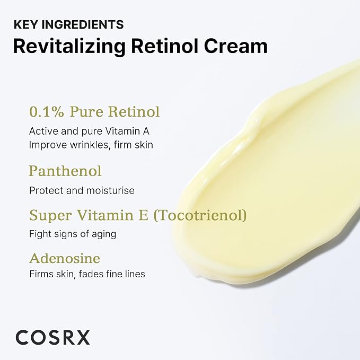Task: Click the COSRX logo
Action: [52, 338]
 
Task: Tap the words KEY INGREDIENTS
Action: [68, 24]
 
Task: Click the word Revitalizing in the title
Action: [69, 47]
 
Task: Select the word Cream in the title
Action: [236, 46]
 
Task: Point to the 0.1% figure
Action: [46, 112]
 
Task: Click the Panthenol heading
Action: [65, 171]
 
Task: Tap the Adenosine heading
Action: [65, 258]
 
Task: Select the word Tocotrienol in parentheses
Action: [200, 215]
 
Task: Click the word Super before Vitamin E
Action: [50, 216]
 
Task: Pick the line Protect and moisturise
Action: [82, 190]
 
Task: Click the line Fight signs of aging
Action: [73, 234]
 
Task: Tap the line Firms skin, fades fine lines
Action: [87, 274]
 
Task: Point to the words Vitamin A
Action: [127, 131]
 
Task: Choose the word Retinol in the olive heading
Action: [134, 112]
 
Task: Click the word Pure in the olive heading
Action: [86, 112]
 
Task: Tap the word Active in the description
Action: [43, 131]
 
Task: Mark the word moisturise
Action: [111, 190]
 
